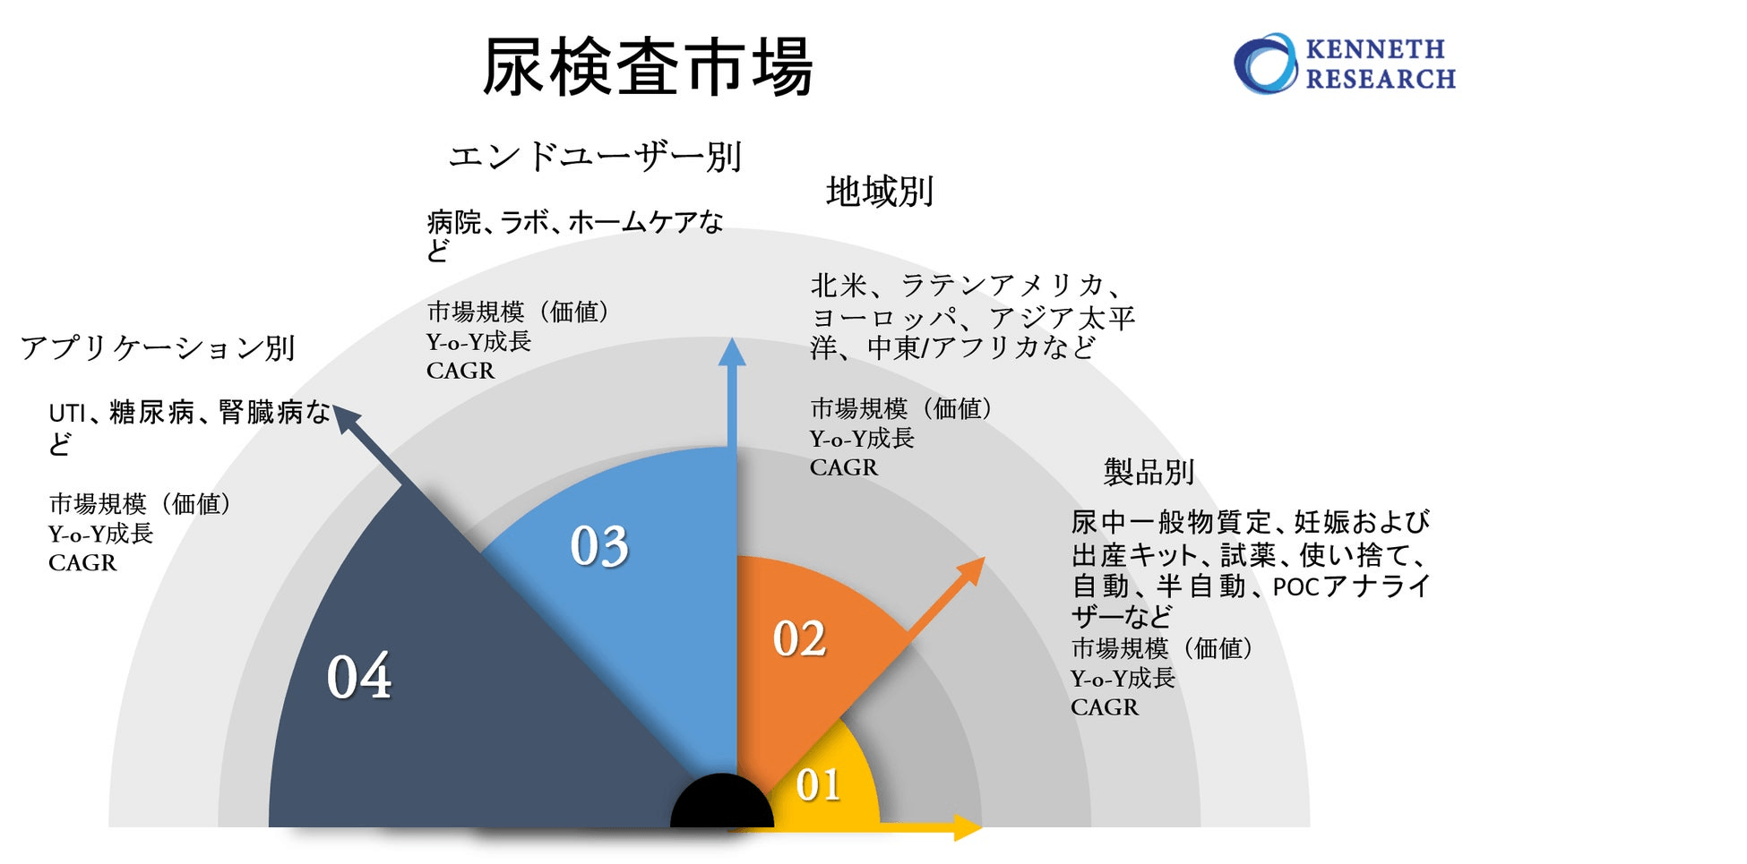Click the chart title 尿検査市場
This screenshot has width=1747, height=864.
(x=647, y=67)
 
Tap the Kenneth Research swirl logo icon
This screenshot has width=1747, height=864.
(x=1265, y=64)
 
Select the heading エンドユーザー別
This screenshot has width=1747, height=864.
(x=595, y=157)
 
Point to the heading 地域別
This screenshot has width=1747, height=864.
(x=880, y=192)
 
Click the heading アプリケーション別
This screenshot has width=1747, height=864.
(x=158, y=347)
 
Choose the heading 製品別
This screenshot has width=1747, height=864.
(x=1149, y=472)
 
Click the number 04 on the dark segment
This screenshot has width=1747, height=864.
(x=358, y=676)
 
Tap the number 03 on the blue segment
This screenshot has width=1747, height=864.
(x=599, y=546)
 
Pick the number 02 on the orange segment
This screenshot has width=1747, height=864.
(x=799, y=639)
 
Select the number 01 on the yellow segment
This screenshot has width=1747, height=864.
(x=818, y=785)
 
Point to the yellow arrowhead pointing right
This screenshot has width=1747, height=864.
(x=968, y=827)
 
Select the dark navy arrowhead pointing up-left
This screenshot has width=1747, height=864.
(x=346, y=418)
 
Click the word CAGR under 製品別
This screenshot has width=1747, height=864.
(x=1105, y=707)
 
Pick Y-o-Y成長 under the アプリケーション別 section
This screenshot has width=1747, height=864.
(x=101, y=534)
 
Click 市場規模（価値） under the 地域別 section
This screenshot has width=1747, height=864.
(x=901, y=409)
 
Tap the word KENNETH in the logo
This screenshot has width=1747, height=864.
(x=1375, y=49)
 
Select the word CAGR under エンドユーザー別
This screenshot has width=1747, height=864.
(x=460, y=371)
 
